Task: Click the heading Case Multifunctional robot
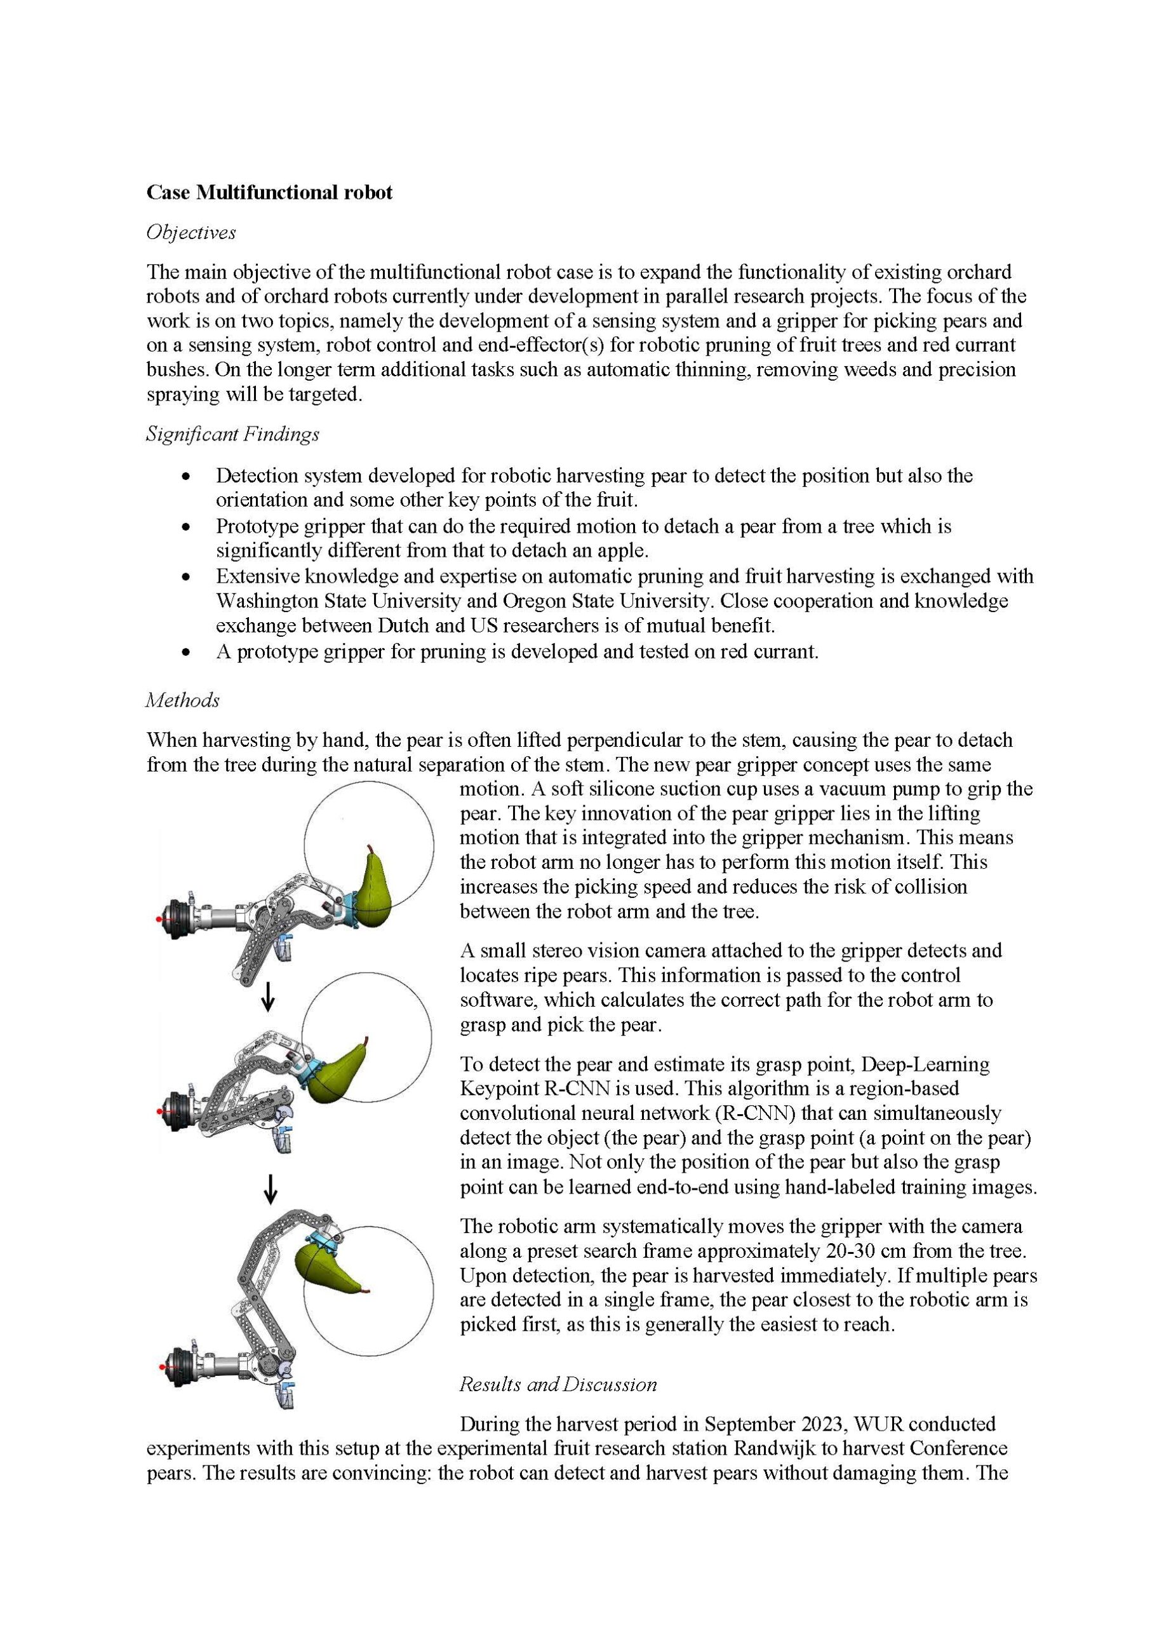(269, 193)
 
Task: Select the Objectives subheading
(191, 233)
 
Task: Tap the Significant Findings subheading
(232, 434)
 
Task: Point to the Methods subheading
(183, 700)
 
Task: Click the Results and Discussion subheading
(558, 1384)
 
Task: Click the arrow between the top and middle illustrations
(268, 998)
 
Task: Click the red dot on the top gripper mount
(159, 919)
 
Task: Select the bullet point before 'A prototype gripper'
(186, 653)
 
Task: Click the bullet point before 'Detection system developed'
(186, 476)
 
